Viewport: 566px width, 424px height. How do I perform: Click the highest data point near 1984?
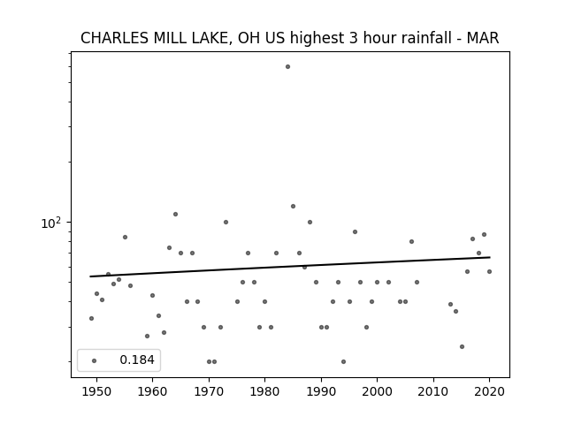click(x=287, y=67)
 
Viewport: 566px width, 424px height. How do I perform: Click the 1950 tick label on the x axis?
click(x=96, y=392)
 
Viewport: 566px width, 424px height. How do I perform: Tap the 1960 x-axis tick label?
click(x=152, y=392)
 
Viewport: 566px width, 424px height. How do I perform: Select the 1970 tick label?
click(x=209, y=392)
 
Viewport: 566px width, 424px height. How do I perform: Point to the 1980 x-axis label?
click(x=264, y=392)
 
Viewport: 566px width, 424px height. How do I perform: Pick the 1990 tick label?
click(x=321, y=392)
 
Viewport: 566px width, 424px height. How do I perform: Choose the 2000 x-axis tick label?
click(x=377, y=392)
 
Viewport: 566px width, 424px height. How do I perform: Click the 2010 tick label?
click(x=433, y=392)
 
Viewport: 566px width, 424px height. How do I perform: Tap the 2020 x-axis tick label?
click(x=489, y=392)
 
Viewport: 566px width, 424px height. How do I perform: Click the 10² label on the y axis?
click(x=50, y=223)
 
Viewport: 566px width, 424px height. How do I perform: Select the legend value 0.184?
click(x=137, y=360)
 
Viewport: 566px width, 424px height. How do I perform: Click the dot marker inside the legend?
click(x=95, y=360)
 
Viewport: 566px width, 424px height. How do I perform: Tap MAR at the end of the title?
click(x=483, y=38)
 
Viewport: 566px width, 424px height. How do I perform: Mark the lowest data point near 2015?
click(x=462, y=347)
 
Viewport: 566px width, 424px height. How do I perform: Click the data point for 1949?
click(x=91, y=318)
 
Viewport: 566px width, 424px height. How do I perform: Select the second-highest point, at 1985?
click(x=293, y=206)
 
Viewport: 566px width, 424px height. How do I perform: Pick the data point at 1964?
click(x=175, y=214)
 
